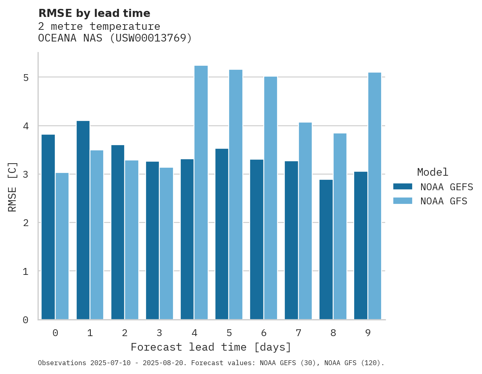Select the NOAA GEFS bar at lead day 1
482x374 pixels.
tap(83, 220)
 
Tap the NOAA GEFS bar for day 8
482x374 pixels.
tap(326, 249)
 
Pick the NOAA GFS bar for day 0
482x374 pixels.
tap(62, 246)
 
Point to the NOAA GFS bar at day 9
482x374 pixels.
tap(374, 196)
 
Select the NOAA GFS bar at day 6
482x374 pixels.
tap(270, 198)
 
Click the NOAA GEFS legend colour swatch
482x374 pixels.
tap(403, 187)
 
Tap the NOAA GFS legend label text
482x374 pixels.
tap(444, 201)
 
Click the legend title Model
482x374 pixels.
tap(432, 172)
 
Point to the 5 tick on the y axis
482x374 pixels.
tap(25, 77)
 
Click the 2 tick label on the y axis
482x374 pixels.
tap(25, 223)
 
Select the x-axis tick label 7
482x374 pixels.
tap(298, 333)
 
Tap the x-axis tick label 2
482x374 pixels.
tap(125, 333)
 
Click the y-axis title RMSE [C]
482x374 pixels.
tap(13, 187)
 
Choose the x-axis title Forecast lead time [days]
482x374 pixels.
tap(211, 347)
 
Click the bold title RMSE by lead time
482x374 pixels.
tap(94, 13)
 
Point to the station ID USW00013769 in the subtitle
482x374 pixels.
tap(147, 38)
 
